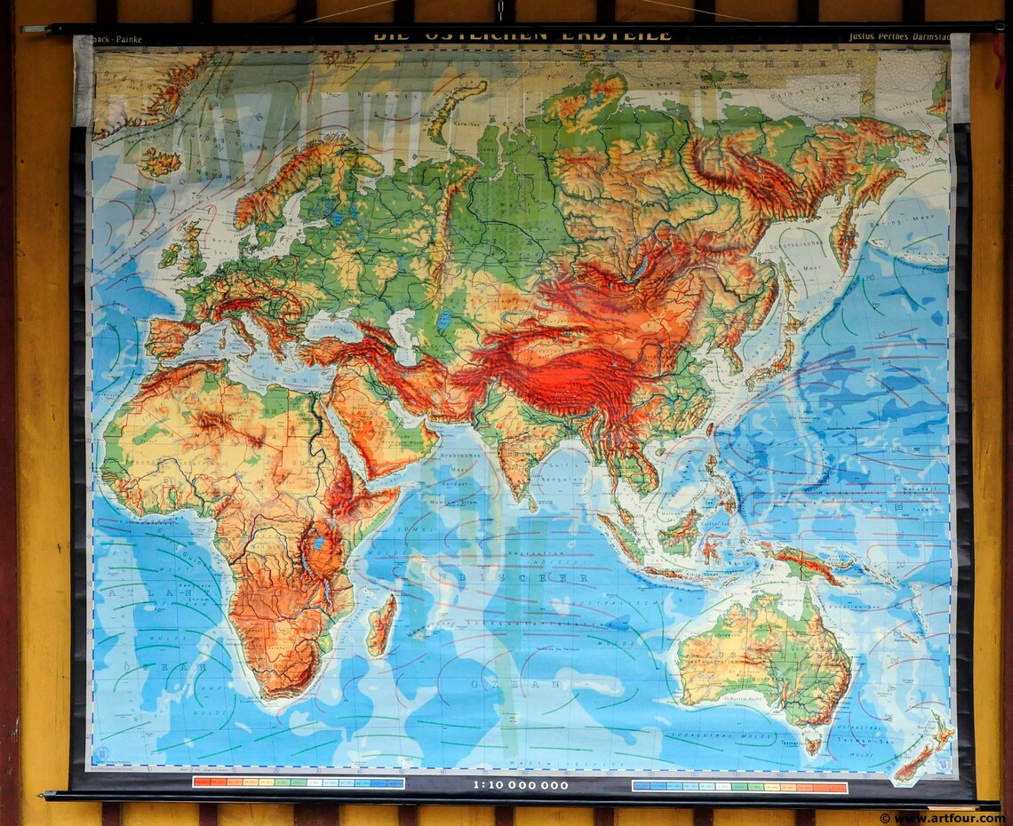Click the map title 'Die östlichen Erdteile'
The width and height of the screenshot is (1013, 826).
(x=522, y=36)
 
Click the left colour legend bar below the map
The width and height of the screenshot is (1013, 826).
(x=298, y=783)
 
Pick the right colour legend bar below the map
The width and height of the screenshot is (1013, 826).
(x=739, y=786)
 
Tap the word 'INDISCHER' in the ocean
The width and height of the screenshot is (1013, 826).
(x=525, y=576)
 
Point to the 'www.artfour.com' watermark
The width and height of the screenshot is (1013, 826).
(x=942, y=818)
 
